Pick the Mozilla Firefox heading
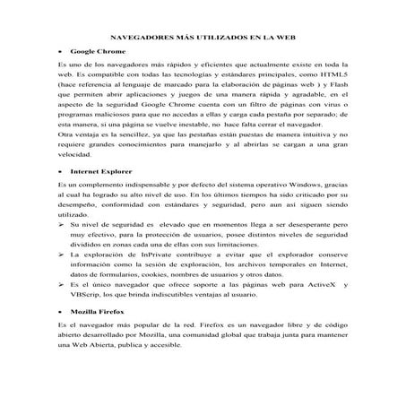point(99,307)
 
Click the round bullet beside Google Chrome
point(60,54)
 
